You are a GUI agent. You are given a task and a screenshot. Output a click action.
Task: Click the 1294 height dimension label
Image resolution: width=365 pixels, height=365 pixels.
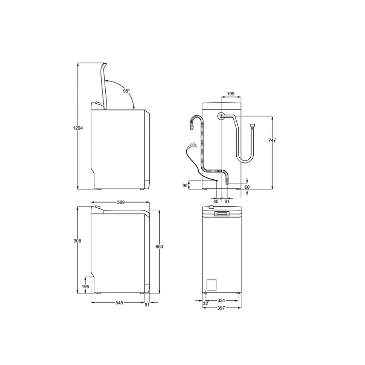78,128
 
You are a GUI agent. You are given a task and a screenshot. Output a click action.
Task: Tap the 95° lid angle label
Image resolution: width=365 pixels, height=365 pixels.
126,91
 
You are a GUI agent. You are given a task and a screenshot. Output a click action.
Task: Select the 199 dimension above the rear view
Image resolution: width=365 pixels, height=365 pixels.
231,94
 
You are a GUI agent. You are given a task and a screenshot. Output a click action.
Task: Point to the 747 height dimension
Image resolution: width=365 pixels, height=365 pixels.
272,140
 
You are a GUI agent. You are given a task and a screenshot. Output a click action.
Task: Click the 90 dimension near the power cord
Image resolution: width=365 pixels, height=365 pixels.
185,186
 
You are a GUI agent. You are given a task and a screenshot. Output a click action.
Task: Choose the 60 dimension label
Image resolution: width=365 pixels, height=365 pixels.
247,187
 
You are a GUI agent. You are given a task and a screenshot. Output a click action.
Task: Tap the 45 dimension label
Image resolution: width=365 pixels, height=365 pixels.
216,201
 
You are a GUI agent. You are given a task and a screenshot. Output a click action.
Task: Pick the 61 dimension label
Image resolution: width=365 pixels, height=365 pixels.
227,201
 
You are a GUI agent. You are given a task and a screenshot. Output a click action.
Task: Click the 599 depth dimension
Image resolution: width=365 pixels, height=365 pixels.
121,203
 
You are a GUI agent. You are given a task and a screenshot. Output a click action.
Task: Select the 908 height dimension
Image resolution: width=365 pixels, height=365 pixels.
77,241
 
